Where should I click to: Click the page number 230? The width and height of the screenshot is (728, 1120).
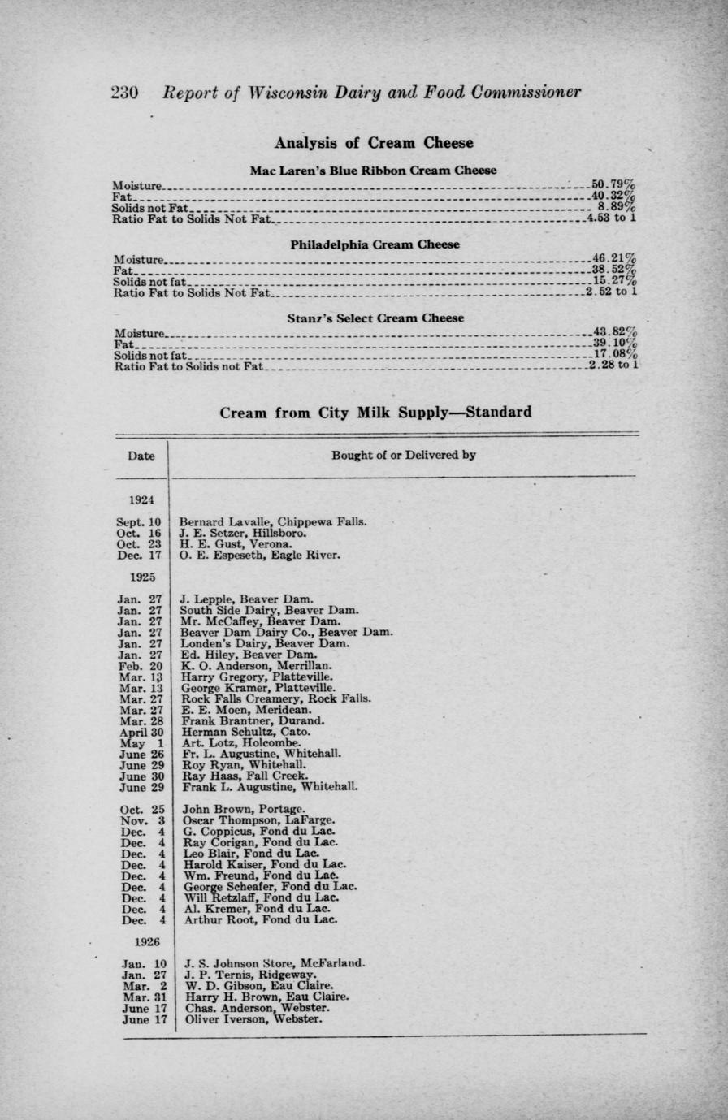tap(123, 93)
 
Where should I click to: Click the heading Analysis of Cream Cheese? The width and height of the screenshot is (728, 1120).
tap(373, 143)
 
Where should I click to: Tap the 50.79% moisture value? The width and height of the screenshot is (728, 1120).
tap(613, 184)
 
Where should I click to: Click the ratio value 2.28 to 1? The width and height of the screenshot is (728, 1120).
tap(615, 365)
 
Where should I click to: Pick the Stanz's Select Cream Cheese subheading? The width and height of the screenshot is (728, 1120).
tap(375, 318)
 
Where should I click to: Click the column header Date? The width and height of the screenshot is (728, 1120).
tap(141, 456)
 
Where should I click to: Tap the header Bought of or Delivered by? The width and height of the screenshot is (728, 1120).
tap(403, 455)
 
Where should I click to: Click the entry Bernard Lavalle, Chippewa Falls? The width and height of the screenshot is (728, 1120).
tap(273, 521)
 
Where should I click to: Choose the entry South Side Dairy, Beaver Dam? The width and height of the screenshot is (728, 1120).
tap(269, 610)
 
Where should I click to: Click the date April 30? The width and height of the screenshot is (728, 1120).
tap(141, 731)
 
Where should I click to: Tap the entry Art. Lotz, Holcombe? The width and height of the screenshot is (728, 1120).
tap(241, 742)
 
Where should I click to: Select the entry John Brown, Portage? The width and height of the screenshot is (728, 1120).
tap(244, 809)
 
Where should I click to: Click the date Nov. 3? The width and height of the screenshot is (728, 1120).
tap(143, 820)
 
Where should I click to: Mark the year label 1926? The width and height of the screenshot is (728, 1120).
tap(147, 942)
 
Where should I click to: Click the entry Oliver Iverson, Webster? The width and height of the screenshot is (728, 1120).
tap(253, 1019)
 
